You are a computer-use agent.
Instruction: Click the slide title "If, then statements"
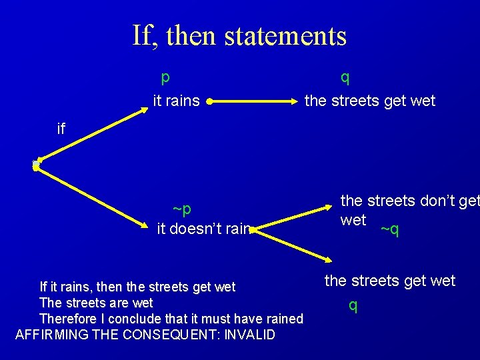[239, 35]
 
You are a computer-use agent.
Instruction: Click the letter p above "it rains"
[165, 77]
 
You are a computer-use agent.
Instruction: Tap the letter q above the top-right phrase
[345, 77]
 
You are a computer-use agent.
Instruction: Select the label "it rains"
[176, 101]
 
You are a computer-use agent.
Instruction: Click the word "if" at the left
[61, 129]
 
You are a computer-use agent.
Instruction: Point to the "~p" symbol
[182, 209]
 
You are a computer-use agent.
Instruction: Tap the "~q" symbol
[389, 230]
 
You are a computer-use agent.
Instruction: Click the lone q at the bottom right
[353, 305]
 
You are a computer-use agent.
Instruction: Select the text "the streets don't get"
[409, 200]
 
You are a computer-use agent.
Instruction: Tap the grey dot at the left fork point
[36, 165]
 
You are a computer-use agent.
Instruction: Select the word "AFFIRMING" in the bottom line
[51, 335]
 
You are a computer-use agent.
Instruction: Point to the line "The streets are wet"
[96, 303]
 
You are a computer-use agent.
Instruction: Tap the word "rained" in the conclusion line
[283, 319]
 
